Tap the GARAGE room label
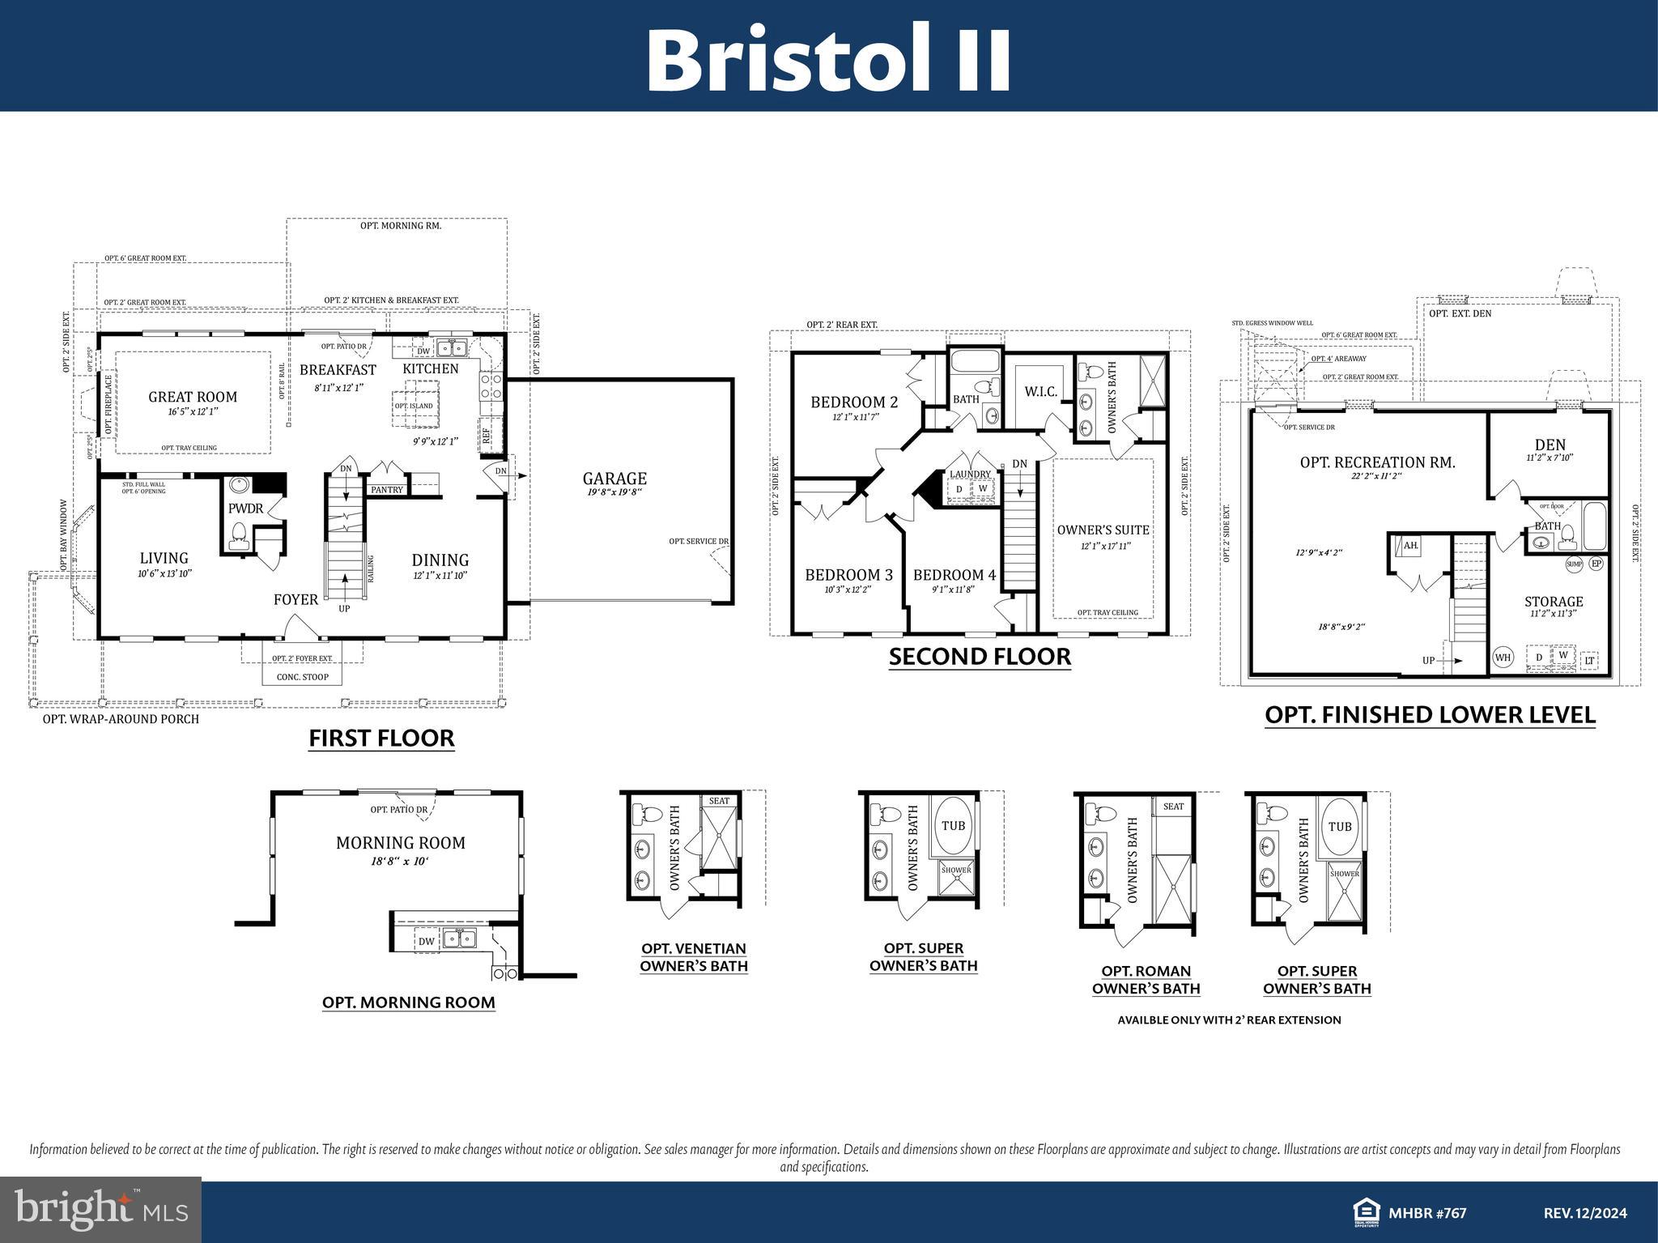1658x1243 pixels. pyautogui.click(x=614, y=479)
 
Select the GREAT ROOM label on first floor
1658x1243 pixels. pyautogui.click(x=193, y=397)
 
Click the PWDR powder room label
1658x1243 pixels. pyautogui.click(x=245, y=509)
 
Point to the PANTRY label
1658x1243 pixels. pyautogui.click(x=387, y=490)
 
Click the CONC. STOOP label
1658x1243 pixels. pyautogui.click(x=302, y=677)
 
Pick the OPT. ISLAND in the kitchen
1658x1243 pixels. pyautogui.click(x=414, y=407)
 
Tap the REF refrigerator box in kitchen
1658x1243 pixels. pyautogui.click(x=486, y=435)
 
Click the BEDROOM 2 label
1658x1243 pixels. pyautogui.click(x=854, y=402)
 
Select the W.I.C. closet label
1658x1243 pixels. pyautogui.click(x=1040, y=392)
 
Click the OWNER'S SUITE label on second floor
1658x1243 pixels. pyautogui.click(x=1103, y=530)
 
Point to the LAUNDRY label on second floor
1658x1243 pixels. pyautogui.click(x=970, y=475)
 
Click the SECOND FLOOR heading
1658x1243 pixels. pyautogui.click(x=980, y=657)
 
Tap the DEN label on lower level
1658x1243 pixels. pyautogui.click(x=1550, y=445)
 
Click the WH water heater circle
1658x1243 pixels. pyautogui.click(x=1503, y=658)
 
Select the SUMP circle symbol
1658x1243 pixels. pyautogui.click(x=1574, y=564)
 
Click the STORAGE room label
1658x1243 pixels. pyautogui.click(x=1554, y=602)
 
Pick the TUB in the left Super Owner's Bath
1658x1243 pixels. pyautogui.click(x=954, y=826)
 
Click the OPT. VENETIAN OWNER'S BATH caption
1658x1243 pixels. pyautogui.click(x=694, y=957)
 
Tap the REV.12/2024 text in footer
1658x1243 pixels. pyautogui.click(x=1584, y=1213)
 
